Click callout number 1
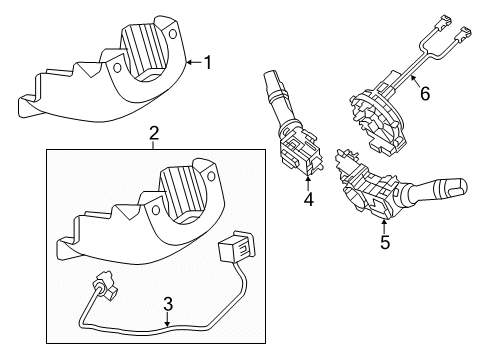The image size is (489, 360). (x=208, y=63)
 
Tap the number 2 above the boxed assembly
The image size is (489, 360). (x=153, y=133)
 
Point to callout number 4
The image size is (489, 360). (x=308, y=199)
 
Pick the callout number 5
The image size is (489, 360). (x=383, y=240)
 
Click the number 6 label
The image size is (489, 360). (x=424, y=94)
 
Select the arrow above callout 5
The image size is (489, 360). (x=383, y=222)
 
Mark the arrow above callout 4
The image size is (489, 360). (x=308, y=181)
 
